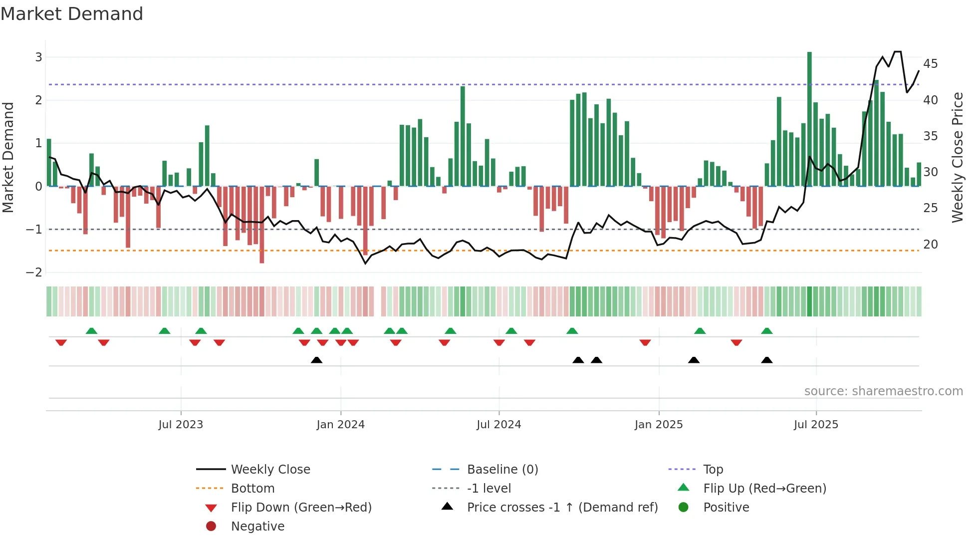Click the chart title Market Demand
[x=72, y=14]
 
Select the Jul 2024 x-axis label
[x=498, y=425]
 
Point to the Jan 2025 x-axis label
[x=659, y=425]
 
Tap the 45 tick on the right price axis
[x=930, y=64]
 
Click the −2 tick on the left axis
[x=34, y=273]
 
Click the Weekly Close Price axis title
[x=957, y=157]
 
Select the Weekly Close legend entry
[x=270, y=470]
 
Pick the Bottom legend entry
[x=252, y=489]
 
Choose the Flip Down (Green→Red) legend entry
[x=301, y=508]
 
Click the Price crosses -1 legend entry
[x=562, y=508]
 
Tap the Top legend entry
[x=713, y=470]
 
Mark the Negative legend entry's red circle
[x=211, y=527]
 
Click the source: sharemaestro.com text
[x=883, y=391]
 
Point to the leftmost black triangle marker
[x=316, y=360]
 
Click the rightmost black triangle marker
[x=767, y=360]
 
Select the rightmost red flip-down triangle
[x=736, y=342]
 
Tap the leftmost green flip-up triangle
[x=91, y=331]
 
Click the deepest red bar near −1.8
[x=261, y=225]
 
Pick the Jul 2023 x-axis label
[x=181, y=425]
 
